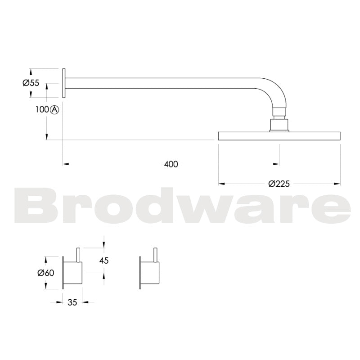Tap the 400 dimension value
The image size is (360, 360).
pyautogui.click(x=171, y=164)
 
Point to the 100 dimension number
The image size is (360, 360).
pyautogui.click(x=41, y=109)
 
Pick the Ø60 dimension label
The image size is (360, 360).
pyautogui.click(x=45, y=273)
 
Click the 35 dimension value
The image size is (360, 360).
pyautogui.click(x=72, y=302)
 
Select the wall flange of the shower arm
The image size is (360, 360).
pyautogui.click(x=64, y=82)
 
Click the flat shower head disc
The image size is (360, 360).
pyautogui.click(x=279, y=135)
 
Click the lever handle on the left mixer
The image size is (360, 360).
pyautogui.click(x=79, y=255)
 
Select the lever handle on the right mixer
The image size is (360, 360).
pyautogui.click(x=156, y=255)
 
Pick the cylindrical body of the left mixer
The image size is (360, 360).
pyautogui.click(x=73, y=273)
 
